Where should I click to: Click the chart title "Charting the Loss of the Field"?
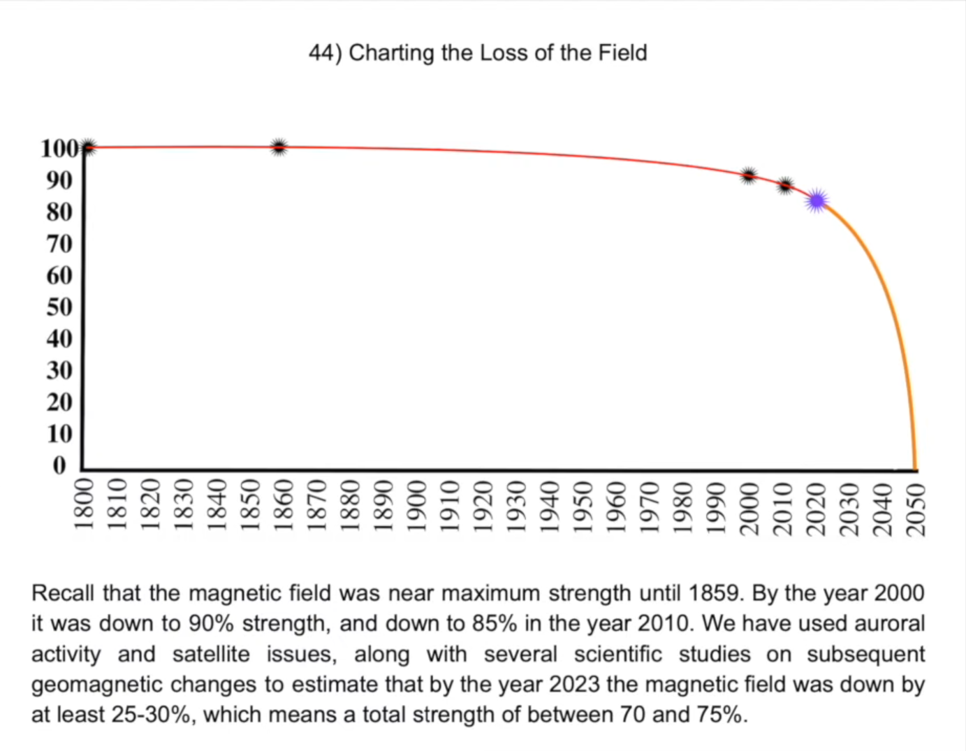click(x=497, y=53)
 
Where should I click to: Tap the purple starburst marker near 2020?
click(x=817, y=201)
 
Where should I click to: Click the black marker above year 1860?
click(x=279, y=147)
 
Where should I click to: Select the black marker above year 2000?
click(x=749, y=175)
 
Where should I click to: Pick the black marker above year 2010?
click(x=785, y=186)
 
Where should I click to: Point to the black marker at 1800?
click(x=87, y=147)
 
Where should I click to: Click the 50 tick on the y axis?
click(x=59, y=307)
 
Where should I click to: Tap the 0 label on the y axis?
click(x=59, y=465)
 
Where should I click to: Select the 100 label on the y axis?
click(x=59, y=149)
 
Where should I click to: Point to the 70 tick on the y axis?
click(x=59, y=244)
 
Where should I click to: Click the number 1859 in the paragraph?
click(x=715, y=593)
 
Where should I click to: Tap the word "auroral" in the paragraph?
click(x=889, y=623)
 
